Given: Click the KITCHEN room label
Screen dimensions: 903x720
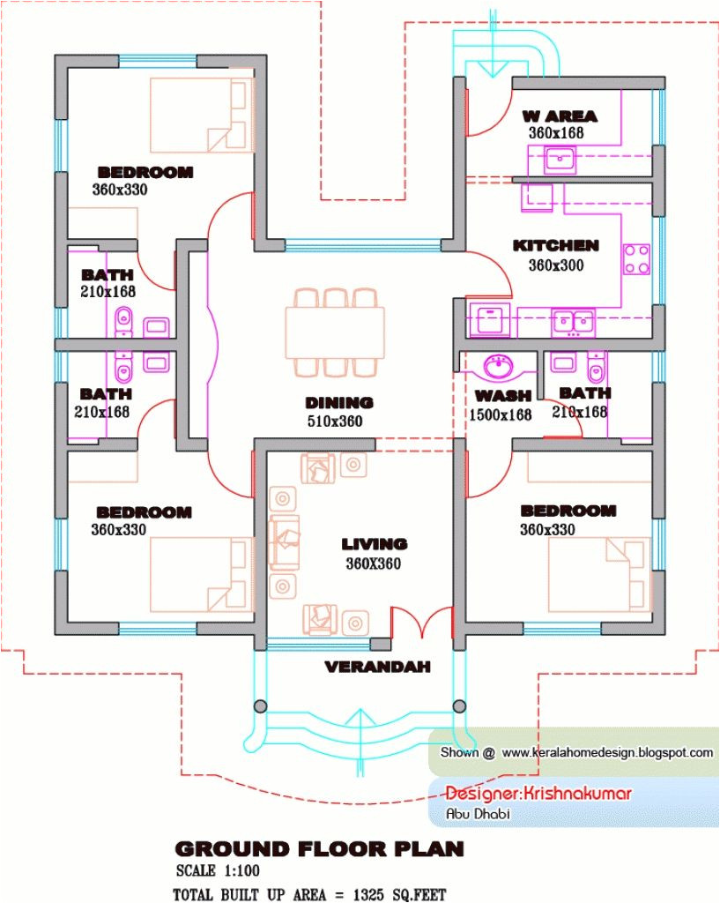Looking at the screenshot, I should coord(555,245).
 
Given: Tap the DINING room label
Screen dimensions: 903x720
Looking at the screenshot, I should coord(339,403).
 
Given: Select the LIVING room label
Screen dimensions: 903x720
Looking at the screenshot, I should coord(375,544).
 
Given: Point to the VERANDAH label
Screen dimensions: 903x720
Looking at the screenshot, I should coord(378,668).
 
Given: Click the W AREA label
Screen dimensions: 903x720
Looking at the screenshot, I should coord(559,116).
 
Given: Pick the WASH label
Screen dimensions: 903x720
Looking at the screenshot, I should coord(502,396).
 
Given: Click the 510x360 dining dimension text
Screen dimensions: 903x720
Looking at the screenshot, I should coord(335,422).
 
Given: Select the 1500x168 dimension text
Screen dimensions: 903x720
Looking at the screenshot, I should coord(501,414).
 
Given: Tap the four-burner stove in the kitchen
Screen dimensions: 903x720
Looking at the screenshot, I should coord(636,258).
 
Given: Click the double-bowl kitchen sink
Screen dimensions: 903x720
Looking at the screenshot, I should coord(573,323).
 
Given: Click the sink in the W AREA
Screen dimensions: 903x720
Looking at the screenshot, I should coord(559,160).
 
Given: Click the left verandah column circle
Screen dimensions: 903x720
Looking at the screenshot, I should coord(260,706).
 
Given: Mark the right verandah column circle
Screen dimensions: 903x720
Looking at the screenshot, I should coord(458,705).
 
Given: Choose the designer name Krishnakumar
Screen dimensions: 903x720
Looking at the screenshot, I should coord(538,793).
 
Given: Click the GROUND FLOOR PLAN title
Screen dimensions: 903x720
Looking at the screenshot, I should coord(319,848).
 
